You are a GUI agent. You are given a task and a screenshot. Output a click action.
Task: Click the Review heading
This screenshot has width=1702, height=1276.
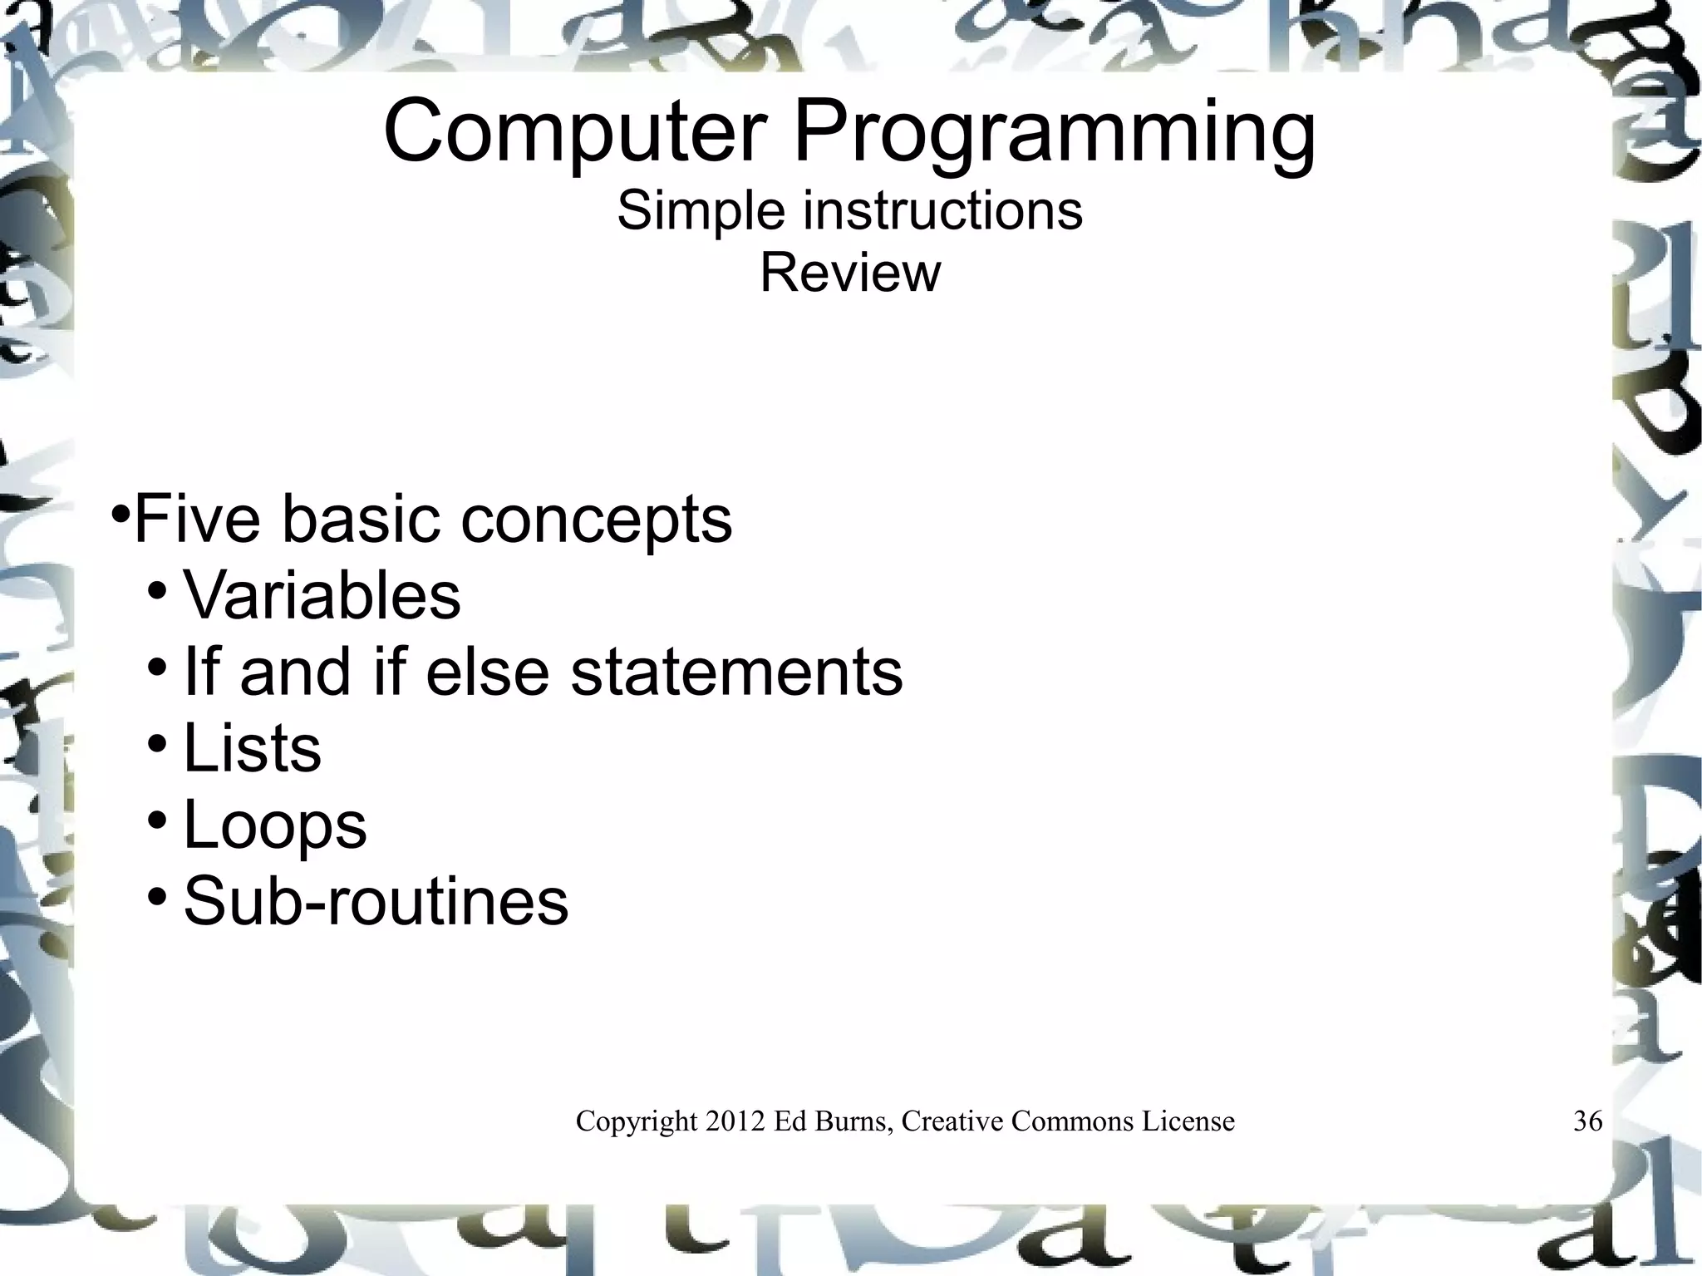tap(850, 273)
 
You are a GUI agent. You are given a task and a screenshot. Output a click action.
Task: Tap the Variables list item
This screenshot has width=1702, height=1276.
tap(322, 595)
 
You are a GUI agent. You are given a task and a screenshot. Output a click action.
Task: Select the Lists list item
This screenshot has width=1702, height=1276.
tap(252, 748)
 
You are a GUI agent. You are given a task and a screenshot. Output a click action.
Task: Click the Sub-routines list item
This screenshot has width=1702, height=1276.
tap(376, 901)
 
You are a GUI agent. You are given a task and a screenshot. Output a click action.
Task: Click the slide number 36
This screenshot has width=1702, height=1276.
tap(1587, 1121)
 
